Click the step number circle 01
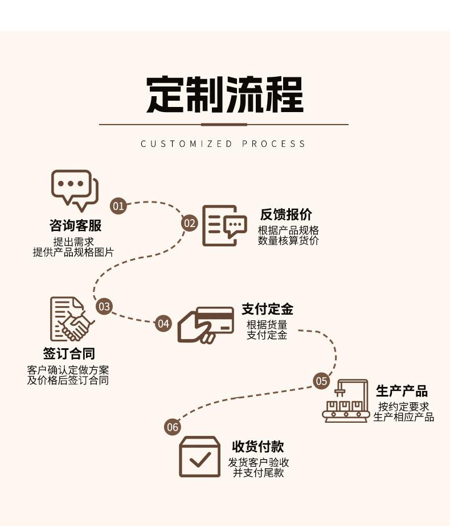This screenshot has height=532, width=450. click(118, 205)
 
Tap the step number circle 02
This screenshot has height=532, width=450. click(190, 223)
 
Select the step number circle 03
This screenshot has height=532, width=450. click(104, 307)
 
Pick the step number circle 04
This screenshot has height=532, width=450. click(163, 324)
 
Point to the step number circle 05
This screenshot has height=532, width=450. click(321, 381)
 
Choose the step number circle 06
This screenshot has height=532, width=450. click(172, 427)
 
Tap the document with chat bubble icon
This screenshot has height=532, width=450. click(224, 226)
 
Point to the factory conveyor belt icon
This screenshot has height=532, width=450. click(345, 401)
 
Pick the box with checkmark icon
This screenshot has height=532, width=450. click(199, 456)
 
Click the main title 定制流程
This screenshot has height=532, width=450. click(224, 94)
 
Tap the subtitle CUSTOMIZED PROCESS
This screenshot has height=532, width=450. click(223, 144)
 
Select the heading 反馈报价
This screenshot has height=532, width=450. click(286, 215)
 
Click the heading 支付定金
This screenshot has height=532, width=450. click(267, 309)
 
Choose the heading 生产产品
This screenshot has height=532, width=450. click(402, 391)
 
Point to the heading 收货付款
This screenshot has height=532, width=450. click(257, 447)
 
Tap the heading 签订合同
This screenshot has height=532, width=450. click(69, 354)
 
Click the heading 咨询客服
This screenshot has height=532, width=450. click(75, 225)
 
